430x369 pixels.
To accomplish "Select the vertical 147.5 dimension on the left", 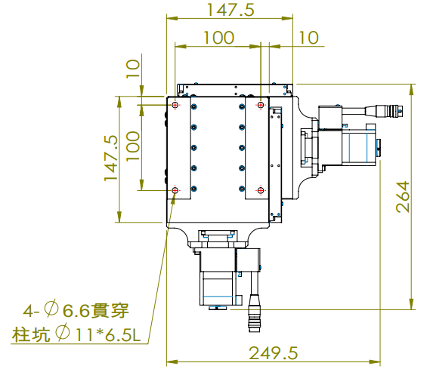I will pos(112,158).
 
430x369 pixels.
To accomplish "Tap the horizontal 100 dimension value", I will pos(218,38).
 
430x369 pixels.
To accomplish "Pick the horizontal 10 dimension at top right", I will pos(309,38).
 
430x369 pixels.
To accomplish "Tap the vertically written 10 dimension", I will pos(133,69).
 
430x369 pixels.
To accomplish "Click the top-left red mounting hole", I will pos(175,104).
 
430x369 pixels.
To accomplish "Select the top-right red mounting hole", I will pos(261,104).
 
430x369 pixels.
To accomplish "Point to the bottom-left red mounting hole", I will pos(175,191).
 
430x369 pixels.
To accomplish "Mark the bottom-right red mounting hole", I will pos(261,191).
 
